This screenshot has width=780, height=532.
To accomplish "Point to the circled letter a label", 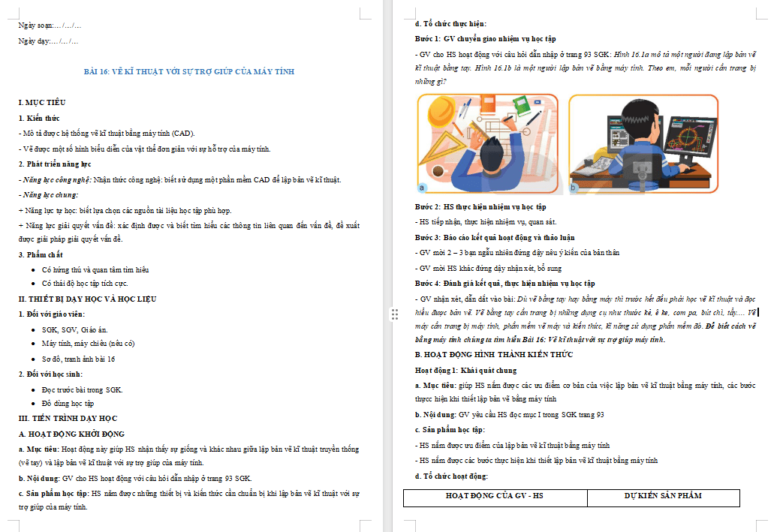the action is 423,187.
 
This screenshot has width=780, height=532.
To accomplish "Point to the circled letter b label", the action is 575,188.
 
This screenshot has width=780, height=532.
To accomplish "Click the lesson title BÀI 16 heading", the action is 188,71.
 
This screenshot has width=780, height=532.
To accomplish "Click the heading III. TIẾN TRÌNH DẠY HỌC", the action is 68,418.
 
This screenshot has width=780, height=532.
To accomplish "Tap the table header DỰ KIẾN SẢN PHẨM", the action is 663,496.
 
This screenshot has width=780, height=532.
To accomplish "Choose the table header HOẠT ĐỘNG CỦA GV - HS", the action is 495,496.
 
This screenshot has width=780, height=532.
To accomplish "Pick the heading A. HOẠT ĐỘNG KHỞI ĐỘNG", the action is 71,434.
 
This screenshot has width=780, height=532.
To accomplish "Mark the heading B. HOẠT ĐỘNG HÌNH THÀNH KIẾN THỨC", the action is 493,354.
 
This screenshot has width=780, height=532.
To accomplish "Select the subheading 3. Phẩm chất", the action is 41,254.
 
